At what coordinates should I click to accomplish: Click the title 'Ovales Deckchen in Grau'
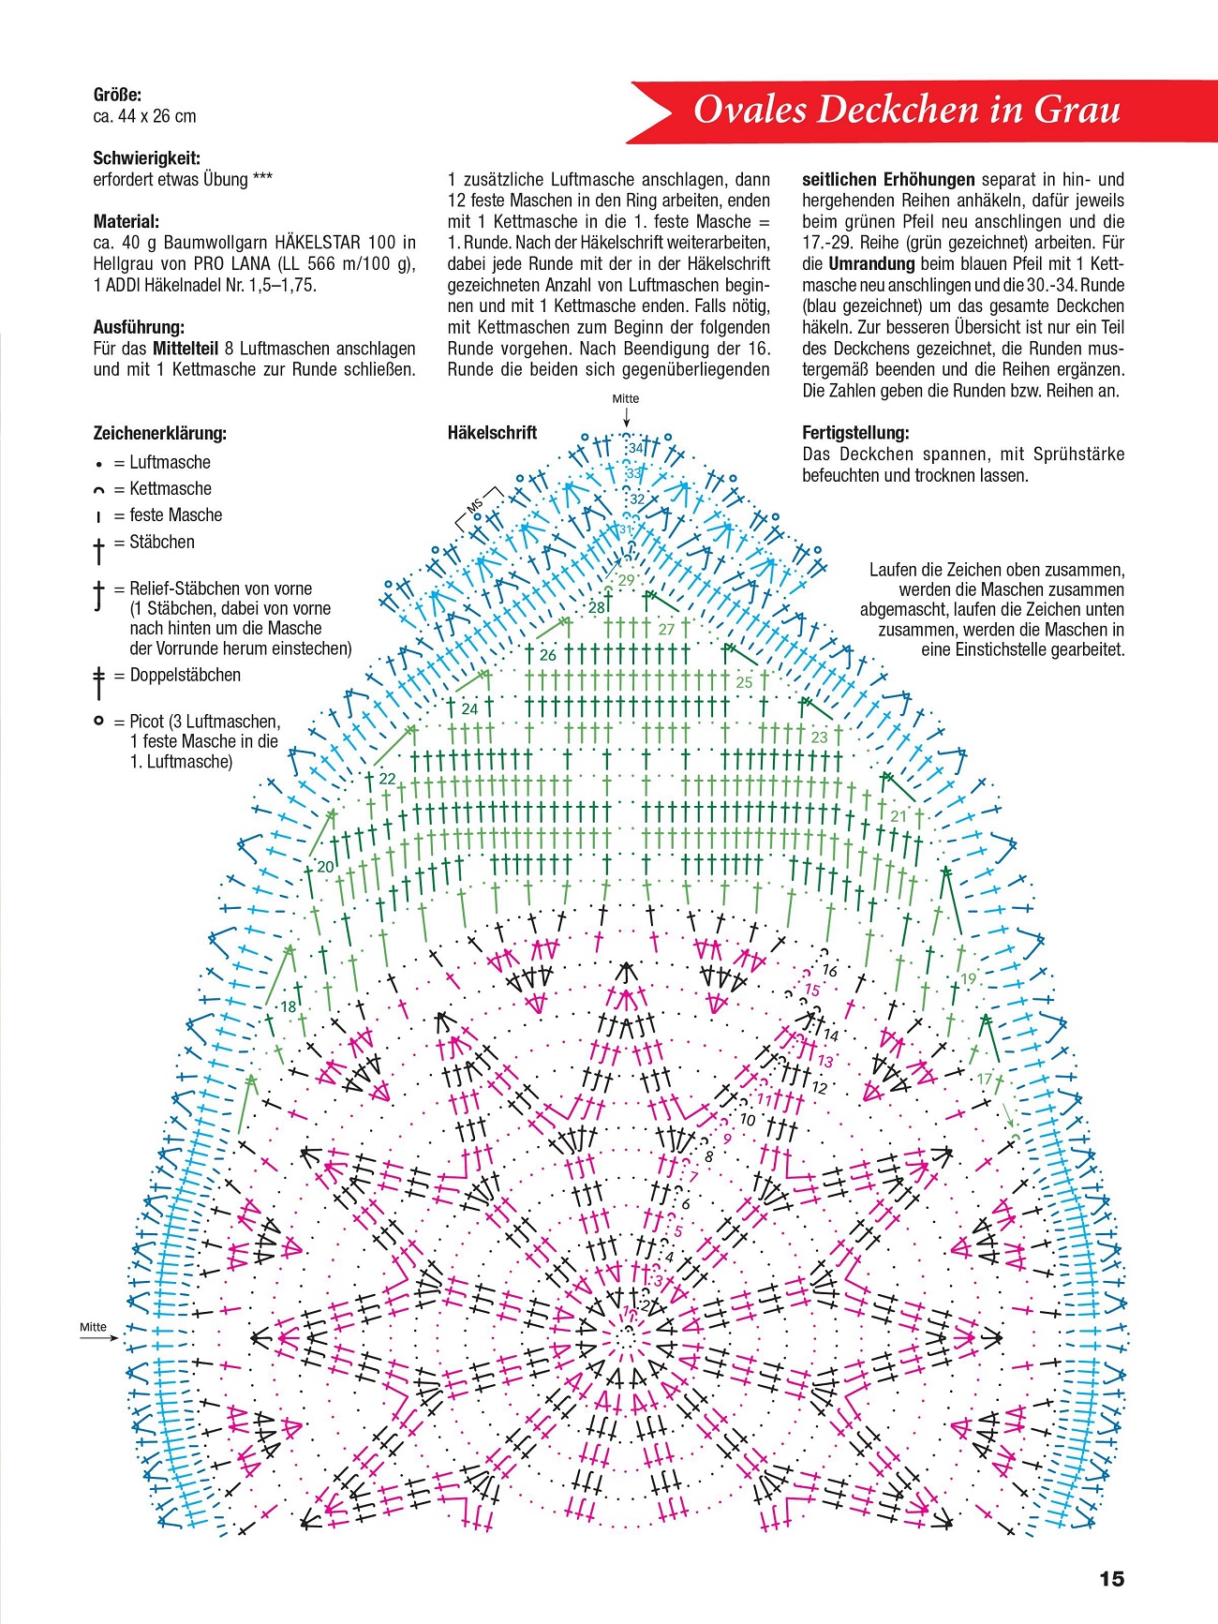(906, 110)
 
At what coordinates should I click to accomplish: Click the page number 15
(1111, 1579)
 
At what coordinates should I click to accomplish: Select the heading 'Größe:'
(117, 95)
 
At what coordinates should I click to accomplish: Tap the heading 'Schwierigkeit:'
(146, 158)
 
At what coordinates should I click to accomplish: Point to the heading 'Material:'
(126, 222)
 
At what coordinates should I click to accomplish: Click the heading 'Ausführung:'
(139, 327)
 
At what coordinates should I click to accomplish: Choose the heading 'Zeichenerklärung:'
(159, 433)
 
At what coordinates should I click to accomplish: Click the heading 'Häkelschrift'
(492, 433)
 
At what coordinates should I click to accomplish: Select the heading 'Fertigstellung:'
(855, 433)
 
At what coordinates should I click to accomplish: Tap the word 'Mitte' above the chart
(625, 398)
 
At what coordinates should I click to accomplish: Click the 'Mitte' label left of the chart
(93, 1326)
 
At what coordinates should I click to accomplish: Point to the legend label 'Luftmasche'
(170, 462)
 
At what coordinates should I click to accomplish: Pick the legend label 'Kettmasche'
(171, 488)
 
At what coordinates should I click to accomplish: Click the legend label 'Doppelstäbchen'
(185, 675)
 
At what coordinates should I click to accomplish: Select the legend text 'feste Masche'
(176, 514)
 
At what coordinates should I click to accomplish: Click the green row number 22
(387, 779)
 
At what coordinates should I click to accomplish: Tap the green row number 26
(548, 655)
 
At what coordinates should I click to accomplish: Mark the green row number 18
(289, 1006)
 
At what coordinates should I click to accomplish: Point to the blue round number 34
(636, 448)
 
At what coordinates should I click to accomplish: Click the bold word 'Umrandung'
(870, 264)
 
